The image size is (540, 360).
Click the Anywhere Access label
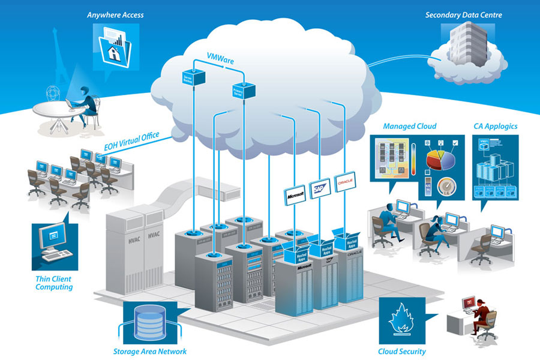coord(115,14)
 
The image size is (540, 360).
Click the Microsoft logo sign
coord(295,193)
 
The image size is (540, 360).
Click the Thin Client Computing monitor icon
coord(55,240)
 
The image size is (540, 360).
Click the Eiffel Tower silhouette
coord(62,58)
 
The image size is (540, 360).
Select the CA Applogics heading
coord(495,126)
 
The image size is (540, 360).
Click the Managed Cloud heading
coord(409,126)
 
